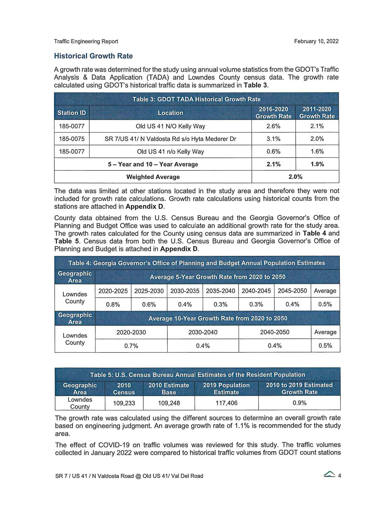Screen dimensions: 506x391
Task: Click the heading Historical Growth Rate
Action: [93, 56]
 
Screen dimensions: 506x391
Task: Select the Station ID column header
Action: [72, 113]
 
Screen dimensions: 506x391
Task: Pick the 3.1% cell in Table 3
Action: [273, 139]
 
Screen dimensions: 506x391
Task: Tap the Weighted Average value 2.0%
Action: [295, 177]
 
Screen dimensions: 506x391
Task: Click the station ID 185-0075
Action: [72, 139]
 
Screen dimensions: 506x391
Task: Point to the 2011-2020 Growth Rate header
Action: [317, 113]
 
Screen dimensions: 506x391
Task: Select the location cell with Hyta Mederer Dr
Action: [170, 139]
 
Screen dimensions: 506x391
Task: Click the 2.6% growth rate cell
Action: [273, 126]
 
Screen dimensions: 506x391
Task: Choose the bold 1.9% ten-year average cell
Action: [317, 164]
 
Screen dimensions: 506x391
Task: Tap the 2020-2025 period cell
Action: [113, 291]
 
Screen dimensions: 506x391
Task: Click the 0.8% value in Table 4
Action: [113, 304]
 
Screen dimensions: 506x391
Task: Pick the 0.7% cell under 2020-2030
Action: [131, 346]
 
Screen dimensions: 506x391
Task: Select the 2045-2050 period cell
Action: [292, 291]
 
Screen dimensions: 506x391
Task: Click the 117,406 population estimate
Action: [226, 403]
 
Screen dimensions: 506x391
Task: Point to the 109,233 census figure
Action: [124, 403]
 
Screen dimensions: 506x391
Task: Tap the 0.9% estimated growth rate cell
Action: [299, 403]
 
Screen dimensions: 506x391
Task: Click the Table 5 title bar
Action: [197, 375]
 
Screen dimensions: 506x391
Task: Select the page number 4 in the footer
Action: [339, 476]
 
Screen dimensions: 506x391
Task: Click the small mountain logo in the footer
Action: [329, 475]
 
